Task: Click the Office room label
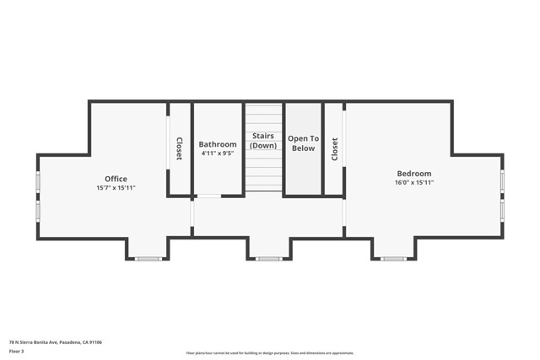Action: (x=116, y=179)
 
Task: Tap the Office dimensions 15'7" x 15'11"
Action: (x=116, y=187)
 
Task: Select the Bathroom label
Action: (x=218, y=144)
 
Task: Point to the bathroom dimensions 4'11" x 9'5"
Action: (x=218, y=153)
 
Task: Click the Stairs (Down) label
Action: (x=263, y=140)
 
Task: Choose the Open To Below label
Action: (x=302, y=143)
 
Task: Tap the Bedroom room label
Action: (x=413, y=174)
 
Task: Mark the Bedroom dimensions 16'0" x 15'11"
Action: (x=413, y=183)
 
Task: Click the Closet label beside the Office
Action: (x=179, y=149)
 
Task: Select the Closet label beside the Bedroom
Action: (x=334, y=149)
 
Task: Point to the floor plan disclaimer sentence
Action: (x=269, y=353)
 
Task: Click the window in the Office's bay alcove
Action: (x=148, y=259)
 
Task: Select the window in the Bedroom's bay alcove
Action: (x=393, y=259)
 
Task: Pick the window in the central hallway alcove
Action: (x=269, y=259)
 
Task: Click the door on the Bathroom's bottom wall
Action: (x=208, y=196)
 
